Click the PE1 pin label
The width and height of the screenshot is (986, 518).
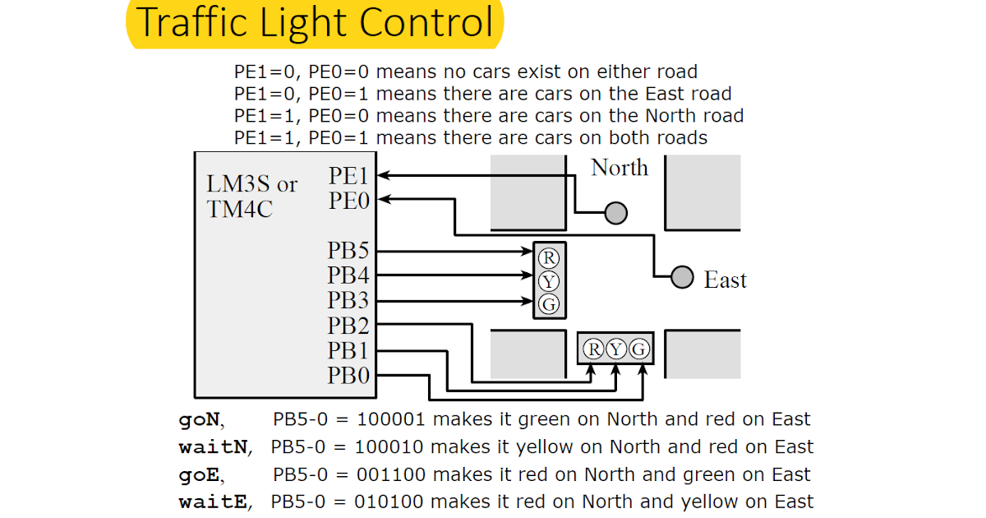[349, 176]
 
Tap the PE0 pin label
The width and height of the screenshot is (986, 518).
[349, 201]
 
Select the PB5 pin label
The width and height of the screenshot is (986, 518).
[348, 252]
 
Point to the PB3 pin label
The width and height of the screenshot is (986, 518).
[348, 301]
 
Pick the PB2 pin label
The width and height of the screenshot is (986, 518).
[348, 326]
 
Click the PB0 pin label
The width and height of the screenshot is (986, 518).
[348, 376]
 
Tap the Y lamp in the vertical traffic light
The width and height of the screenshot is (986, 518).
[549, 281]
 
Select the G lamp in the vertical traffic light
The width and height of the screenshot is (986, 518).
[549, 304]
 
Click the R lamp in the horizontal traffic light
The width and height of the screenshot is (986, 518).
[592, 349]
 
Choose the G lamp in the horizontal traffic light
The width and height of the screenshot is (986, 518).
[639, 349]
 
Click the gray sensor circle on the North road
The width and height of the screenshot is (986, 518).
[616, 214]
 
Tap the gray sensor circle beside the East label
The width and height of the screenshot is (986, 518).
[682, 278]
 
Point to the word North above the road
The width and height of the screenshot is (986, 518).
[620, 168]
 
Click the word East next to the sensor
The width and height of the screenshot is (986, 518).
[725, 280]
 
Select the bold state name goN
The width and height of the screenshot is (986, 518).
[200, 419]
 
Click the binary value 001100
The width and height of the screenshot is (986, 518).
[389, 474]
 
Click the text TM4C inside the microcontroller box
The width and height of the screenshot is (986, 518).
[240, 209]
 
